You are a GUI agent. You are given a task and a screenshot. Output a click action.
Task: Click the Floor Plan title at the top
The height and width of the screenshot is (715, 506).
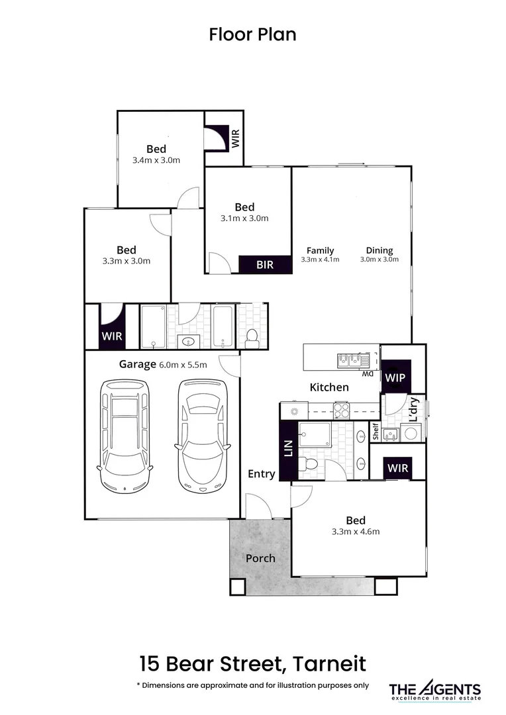click(252, 34)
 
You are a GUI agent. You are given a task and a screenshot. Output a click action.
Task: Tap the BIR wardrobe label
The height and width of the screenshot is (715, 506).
click(264, 265)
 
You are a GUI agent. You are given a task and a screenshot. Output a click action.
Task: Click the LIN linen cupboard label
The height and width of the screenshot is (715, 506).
click(289, 450)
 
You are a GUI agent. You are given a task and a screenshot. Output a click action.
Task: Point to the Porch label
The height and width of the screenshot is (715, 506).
click(260, 557)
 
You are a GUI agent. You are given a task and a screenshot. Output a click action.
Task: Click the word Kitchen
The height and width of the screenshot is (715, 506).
click(329, 387)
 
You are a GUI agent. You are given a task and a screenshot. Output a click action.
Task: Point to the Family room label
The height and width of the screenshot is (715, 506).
click(320, 250)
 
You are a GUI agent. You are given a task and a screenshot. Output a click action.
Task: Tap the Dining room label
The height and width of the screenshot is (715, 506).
click(379, 250)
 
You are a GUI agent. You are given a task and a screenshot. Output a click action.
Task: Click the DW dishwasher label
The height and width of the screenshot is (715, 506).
click(368, 374)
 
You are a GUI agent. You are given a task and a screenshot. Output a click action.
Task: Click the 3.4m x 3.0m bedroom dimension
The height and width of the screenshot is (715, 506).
click(156, 160)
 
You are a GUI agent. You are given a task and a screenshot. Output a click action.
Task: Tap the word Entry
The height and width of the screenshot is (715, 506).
click(262, 473)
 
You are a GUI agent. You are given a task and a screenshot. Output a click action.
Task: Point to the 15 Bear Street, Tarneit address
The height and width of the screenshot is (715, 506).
click(252, 663)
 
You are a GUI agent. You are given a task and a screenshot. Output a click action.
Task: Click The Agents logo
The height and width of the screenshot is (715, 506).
click(434, 691)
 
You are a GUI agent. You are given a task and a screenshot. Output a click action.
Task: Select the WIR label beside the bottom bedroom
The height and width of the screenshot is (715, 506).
click(398, 468)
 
